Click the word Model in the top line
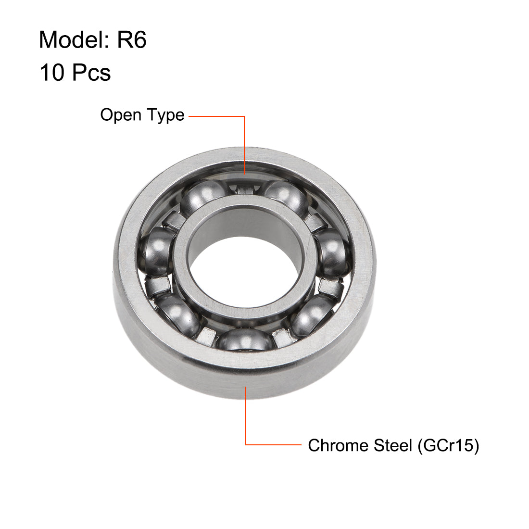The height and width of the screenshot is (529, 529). pyautogui.click(x=72, y=40)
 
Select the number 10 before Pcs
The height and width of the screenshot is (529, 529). pyautogui.click(x=51, y=73)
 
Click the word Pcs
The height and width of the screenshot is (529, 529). pyautogui.click(x=91, y=73)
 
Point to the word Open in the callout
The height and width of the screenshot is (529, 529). pyautogui.click(x=120, y=115)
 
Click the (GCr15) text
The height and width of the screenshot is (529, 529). pyautogui.click(x=448, y=445)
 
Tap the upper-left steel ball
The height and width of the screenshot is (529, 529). pyautogui.click(x=201, y=197)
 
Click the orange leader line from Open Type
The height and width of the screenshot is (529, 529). pyautogui.click(x=245, y=144)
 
